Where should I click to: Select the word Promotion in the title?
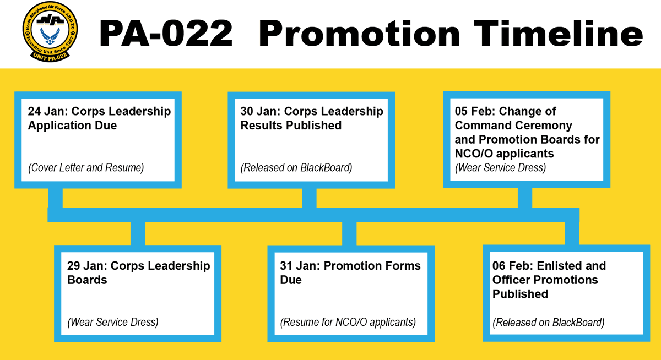pyautogui.click(x=359, y=34)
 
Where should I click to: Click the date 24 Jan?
pyautogui.click(x=44, y=111)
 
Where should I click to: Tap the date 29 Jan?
pyautogui.click(x=83, y=266)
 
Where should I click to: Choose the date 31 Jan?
pyautogui.click(x=295, y=266)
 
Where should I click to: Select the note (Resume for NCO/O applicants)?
pyautogui.click(x=348, y=323)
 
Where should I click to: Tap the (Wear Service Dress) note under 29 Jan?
pyautogui.click(x=113, y=323)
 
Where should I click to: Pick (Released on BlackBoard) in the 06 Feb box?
pyautogui.click(x=549, y=323)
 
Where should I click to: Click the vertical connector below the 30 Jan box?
pyautogui.click(x=309, y=198)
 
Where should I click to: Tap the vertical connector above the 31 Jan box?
pyautogui.click(x=350, y=233)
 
